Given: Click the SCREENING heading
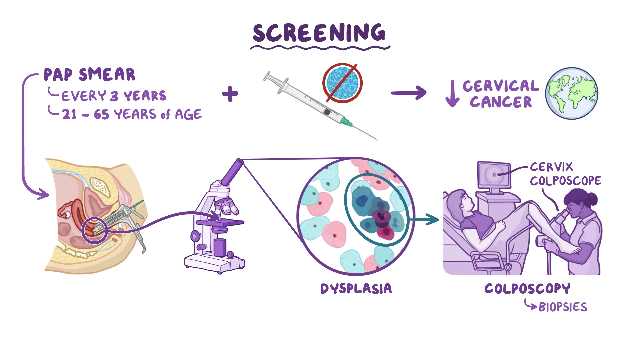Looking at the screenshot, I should click(319, 33).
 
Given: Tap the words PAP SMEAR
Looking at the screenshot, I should click(89, 75).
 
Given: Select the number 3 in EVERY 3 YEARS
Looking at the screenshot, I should click(114, 96).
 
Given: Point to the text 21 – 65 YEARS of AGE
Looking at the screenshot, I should click(132, 115).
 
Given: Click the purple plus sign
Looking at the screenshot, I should click(230, 94).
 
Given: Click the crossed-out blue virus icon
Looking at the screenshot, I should click(342, 83).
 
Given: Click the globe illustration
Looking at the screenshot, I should click(572, 93).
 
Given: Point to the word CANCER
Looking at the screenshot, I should click(501, 102).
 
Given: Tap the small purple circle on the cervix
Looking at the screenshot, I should click(94, 230).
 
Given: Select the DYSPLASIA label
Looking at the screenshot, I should click(356, 289).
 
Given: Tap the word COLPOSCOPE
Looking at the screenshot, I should click(565, 181).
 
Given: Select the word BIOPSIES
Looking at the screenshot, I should click(563, 307).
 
